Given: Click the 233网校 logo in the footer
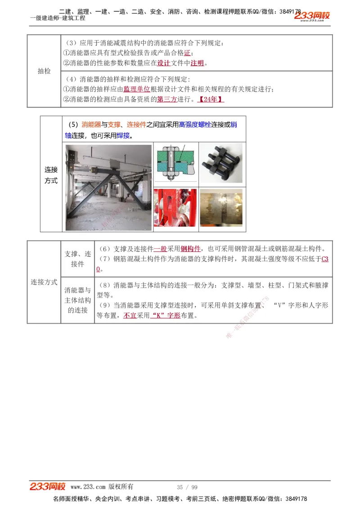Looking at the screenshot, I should tap(48, 487).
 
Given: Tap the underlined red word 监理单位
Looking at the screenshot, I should tap(137, 89).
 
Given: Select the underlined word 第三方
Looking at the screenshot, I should tap(167, 99).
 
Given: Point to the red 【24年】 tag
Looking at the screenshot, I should tap(211, 99).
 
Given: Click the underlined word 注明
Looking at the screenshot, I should tap(197, 63).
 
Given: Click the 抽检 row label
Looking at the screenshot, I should tap(44, 71).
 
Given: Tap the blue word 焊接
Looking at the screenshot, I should tap(123, 135).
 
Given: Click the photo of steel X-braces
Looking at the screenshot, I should tap(108, 188).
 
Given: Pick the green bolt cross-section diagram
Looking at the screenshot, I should tap(176, 164).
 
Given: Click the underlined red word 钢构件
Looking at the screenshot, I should tap(190, 249).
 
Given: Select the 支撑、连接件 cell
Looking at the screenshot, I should tap(77, 259).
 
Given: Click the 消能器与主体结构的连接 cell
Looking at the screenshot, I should tap(77, 300).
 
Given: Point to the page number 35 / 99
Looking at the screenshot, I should tap(187, 487).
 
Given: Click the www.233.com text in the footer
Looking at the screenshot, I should tap(88, 487).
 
